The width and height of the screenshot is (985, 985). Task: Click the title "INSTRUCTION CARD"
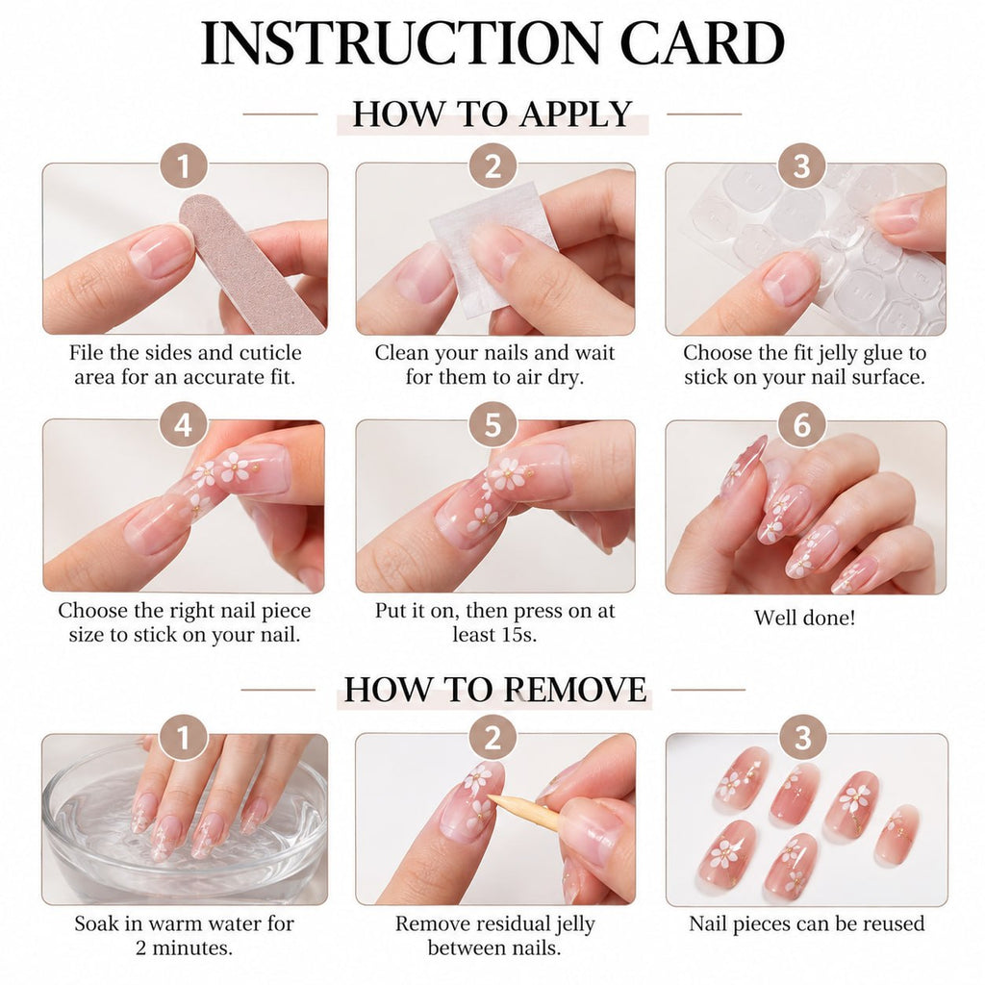tap(492, 42)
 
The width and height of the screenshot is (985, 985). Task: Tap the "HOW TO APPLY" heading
tap(492, 114)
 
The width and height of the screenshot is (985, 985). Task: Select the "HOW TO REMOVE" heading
tap(495, 689)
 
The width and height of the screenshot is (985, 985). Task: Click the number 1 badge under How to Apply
tap(184, 166)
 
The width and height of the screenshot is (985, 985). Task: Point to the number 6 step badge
tap(801, 424)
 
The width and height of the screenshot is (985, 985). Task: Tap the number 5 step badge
tap(492, 424)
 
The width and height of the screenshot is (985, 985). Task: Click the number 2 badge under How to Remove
tap(492, 738)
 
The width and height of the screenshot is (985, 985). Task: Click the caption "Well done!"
tap(805, 618)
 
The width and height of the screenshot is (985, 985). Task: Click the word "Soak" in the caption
tap(98, 923)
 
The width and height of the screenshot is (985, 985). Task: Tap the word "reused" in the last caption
tap(892, 923)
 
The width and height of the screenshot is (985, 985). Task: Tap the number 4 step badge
tap(184, 424)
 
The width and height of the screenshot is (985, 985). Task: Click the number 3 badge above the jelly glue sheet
tap(801, 166)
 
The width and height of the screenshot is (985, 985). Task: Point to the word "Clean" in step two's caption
tap(403, 352)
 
